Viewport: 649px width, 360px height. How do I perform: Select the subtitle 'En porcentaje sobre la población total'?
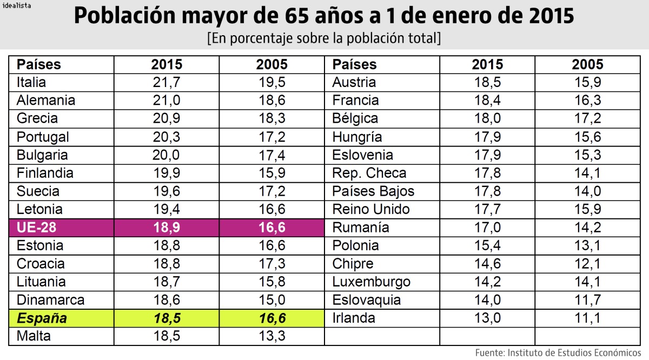(324, 39)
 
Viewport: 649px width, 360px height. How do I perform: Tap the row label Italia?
(31, 83)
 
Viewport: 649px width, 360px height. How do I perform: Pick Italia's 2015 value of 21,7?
(167, 83)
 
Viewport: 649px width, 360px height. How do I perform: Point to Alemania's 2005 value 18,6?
(271, 101)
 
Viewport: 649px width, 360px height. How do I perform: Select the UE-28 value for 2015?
(167, 228)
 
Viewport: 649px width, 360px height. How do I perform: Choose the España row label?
(42, 318)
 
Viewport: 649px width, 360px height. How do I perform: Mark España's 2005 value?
(271, 318)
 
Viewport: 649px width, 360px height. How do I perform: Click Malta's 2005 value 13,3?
(271, 336)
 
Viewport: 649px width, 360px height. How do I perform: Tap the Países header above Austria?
(354, 65)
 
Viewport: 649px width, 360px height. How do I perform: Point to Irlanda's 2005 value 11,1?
(587, 318)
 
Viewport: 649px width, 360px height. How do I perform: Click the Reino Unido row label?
(371, 209)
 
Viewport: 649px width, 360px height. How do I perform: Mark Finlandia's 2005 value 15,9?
(271, 173)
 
